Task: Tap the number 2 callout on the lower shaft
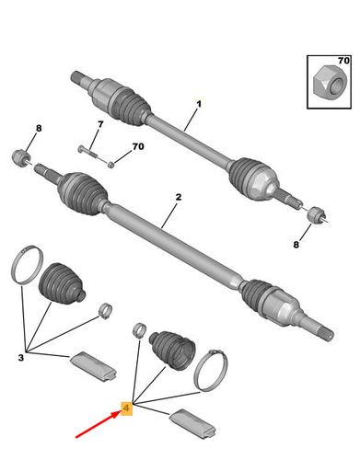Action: point(178,198)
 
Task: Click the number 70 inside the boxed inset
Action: point(343,62)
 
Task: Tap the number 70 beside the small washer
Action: point(138,146)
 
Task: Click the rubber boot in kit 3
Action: point(60,283)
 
